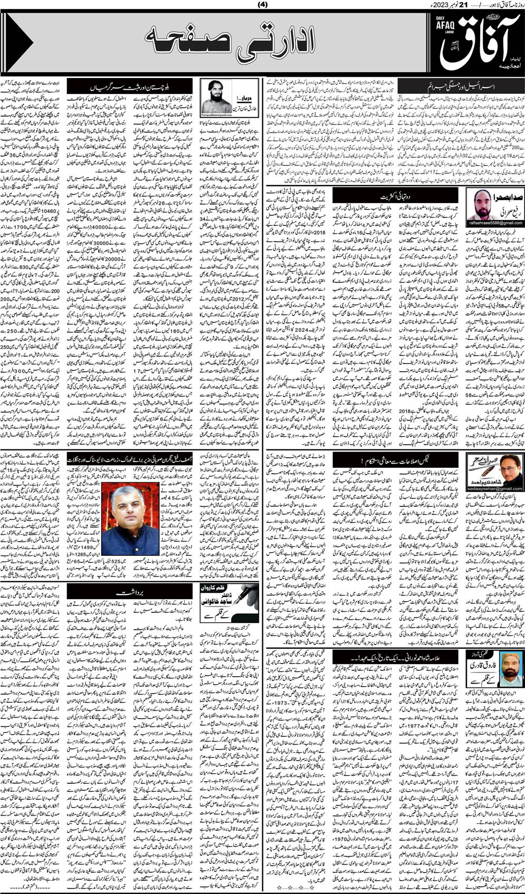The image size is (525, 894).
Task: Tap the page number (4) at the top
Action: [x=262, y=5]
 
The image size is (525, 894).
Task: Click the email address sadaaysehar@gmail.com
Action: [x=495, y=488]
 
